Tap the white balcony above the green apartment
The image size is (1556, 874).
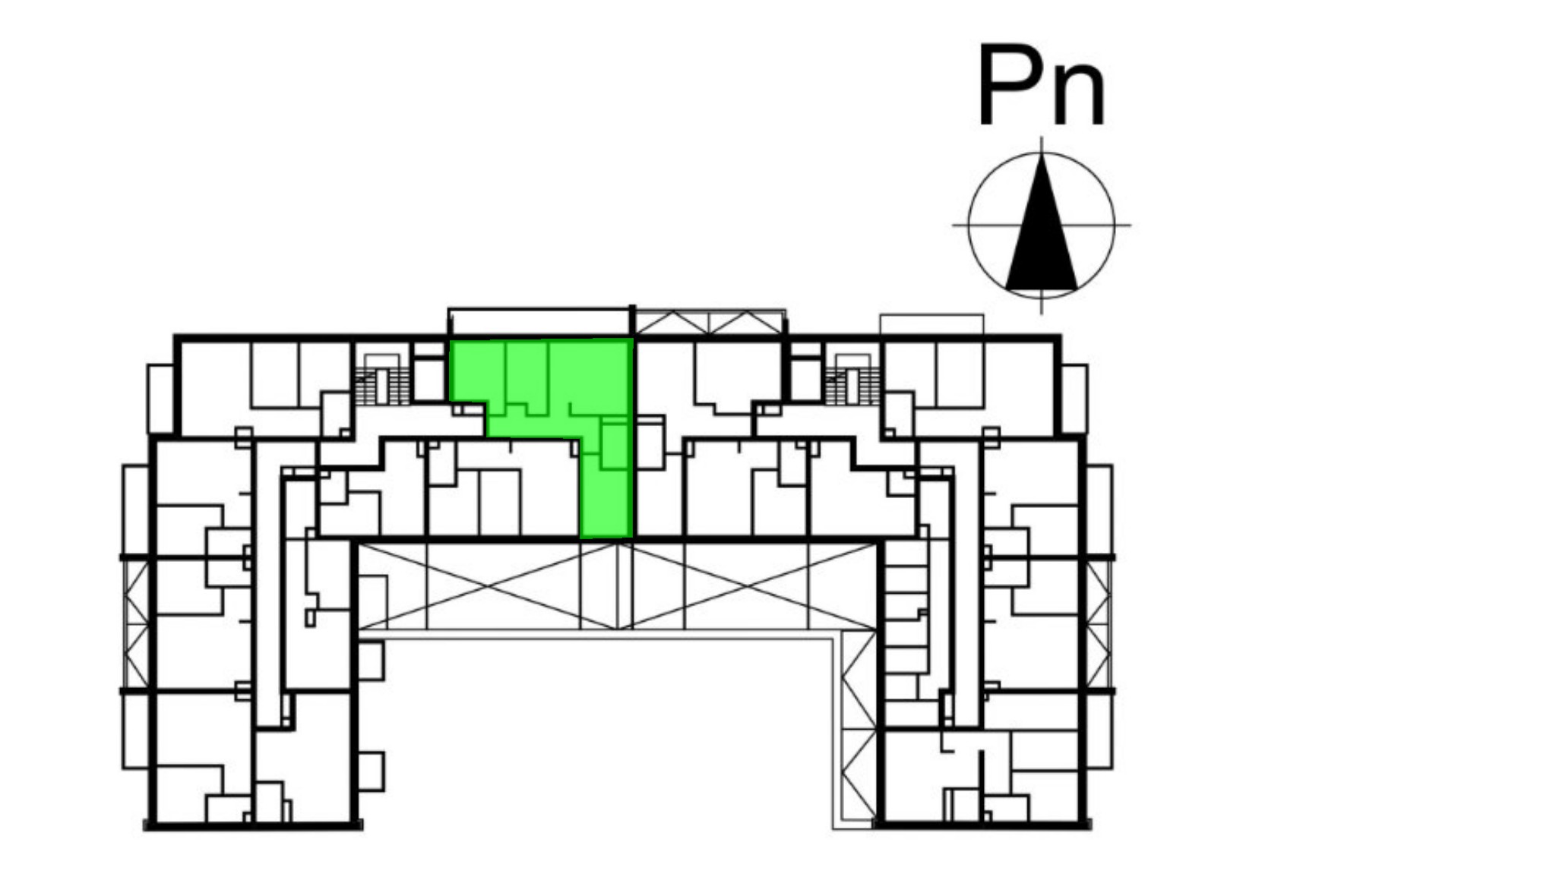pos(539,322)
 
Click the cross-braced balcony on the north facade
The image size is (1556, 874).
pos(710,322)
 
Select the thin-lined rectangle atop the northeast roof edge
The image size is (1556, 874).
pos(931,324)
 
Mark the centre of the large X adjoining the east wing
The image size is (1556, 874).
pos(748,585)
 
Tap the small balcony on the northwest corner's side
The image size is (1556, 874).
pos(160,399)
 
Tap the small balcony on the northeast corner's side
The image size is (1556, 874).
pos(1074,399)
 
